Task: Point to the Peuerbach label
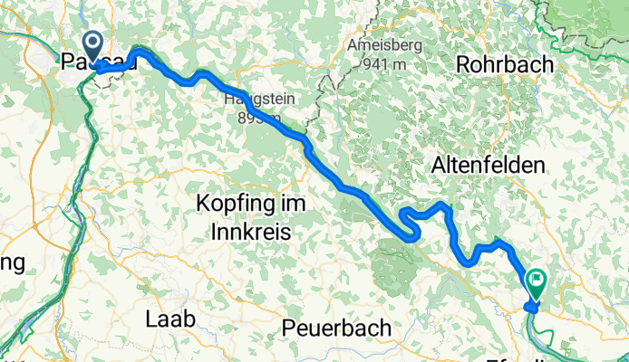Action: (x=336, y=327)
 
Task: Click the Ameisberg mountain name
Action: (x=380, y=44)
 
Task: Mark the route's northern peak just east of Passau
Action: (x=139, y=51)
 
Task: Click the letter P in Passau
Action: (x=68, y=62)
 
